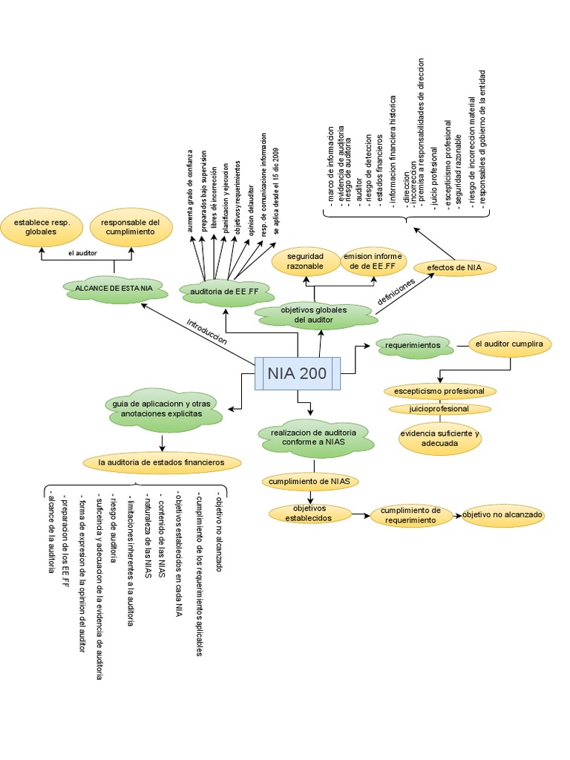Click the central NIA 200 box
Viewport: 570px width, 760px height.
click(x=298, y=374)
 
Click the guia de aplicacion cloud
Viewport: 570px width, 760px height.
click(x=162, y=408)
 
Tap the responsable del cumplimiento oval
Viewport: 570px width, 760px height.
click(x=131, y=227)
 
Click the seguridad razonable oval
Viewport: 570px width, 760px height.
click(x=305, y=261)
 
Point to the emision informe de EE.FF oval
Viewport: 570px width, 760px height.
click(x=372, y=261)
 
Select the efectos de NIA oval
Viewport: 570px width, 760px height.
click(x=455, y=267)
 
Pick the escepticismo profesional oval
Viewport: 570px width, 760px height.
click(x=439, y=391)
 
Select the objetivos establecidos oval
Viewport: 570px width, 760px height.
click(x=309, y=513)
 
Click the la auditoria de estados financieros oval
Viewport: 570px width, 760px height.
click(x=161, y=462)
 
